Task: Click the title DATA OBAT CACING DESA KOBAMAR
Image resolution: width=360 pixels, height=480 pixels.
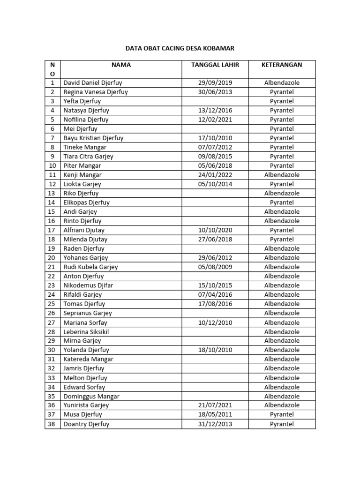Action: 180,48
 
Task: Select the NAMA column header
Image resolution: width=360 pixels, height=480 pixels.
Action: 121,65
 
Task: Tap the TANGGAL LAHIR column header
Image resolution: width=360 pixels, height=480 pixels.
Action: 215,65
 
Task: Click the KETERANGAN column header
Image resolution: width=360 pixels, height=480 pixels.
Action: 282,65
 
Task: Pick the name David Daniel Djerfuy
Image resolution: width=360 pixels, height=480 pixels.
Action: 92,83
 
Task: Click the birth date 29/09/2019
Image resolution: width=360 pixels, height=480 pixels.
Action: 215,83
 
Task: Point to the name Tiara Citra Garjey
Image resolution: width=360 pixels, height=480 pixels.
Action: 88,157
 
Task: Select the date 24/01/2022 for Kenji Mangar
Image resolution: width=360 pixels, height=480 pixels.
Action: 215,175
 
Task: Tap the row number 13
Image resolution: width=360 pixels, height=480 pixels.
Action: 52,193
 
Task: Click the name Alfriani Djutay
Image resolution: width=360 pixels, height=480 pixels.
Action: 84,230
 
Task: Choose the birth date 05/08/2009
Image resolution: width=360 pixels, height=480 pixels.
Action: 215,267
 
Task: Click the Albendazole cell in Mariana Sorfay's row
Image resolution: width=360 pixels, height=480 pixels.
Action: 282,322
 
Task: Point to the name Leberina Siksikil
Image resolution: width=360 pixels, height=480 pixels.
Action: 86,332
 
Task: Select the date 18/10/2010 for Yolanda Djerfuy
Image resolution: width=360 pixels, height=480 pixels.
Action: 215,350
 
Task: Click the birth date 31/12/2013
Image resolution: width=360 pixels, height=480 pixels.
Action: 215,424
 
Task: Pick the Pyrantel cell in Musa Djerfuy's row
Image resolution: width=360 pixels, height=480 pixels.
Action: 282,415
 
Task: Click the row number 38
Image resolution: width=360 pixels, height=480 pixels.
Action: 52,424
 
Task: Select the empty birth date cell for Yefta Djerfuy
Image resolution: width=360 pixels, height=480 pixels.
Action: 215,101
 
